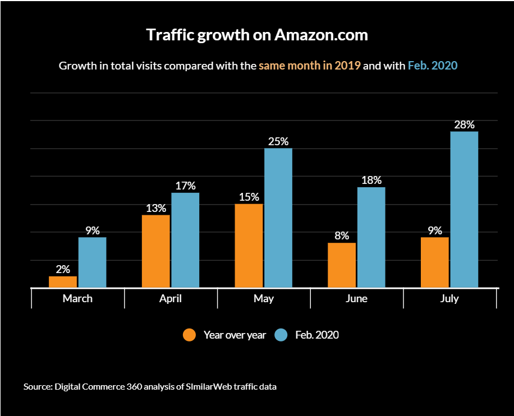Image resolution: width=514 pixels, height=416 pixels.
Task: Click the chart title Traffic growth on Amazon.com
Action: pyautogui.click(x=257, y=35)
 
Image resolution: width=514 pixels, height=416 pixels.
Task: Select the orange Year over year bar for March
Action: pyautogui.click(x=63, y=281)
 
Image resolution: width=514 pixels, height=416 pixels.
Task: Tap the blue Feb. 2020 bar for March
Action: pyautogui.click(x=92, y=262)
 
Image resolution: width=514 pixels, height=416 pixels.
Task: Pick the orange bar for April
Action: pyautogui.click(x=156, y=251)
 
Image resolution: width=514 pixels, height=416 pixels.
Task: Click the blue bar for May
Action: pyautogui.click(x=278, y=218)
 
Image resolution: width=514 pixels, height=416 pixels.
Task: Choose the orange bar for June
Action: pyautogui.click(x=342, y=265)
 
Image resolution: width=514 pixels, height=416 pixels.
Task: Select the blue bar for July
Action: pyautogui.click(x=464, y=209)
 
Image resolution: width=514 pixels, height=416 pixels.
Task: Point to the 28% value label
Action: pyautogui.click(x=464, y=124)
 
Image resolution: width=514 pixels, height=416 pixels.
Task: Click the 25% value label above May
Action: pyautogui.click(x=278, y=141)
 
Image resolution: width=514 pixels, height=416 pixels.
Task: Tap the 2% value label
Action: pyautogui.click(x=63, y=269)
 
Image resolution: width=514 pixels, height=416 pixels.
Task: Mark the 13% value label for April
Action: pyautogui.click(x=156, y=208)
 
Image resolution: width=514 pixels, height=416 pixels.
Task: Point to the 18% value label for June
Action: pyautogui.click(x=371, y=180)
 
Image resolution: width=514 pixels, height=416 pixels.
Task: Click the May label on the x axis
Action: pyautogui.click(x=264, y=298)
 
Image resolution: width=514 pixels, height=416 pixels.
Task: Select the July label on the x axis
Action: pyautogui.click(x=449, y=298)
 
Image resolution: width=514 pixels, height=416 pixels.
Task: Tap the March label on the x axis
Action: pyautogui.click(x=77, y=298)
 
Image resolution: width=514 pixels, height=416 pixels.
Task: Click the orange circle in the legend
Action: pyautogui.click(x=190, y=335)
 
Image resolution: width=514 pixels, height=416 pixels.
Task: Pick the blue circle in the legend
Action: pyautogui.click(x=281, y=335)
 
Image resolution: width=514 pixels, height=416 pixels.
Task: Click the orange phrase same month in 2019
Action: pyautogui.click(x=309, y=66)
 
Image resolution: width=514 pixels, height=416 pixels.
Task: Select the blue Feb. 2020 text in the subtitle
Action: pyautogui.click(x=432, y=66)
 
